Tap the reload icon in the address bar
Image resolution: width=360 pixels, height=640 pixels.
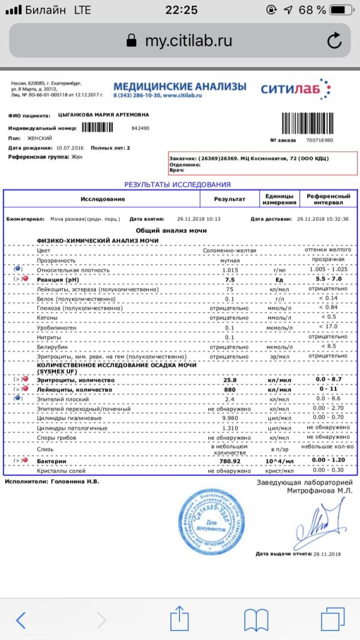pyautogui.click(x=334, y=41)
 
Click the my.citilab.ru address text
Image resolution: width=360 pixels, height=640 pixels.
pyautogui.click(x=188, y=41)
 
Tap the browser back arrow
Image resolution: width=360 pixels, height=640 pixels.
pyautogui.click(x=21, y=619)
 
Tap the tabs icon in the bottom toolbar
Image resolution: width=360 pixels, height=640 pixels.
pyautogui.click(x=332, y=619)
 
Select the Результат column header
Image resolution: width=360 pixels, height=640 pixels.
pyautogui.click(x=230, y=199)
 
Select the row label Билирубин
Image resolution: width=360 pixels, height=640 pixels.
pyautogui.click(x=53, y=346)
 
